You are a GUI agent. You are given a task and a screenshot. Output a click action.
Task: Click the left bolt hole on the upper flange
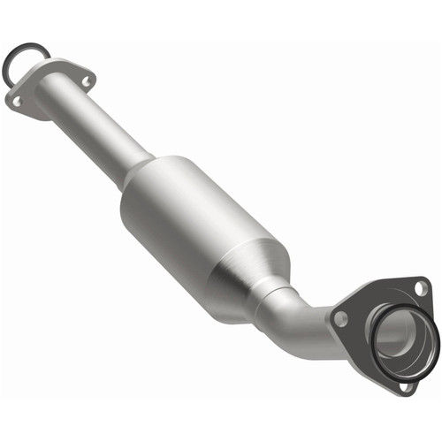17,102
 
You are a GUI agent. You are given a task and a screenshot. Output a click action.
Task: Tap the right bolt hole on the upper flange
86,81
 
